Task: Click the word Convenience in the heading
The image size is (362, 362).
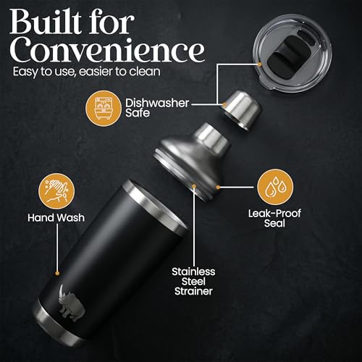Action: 107,50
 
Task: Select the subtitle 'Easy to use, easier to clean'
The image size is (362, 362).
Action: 87,72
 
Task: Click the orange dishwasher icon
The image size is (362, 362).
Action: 104,109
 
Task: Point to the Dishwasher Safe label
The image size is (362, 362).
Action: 157,108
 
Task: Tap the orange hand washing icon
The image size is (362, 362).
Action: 56,191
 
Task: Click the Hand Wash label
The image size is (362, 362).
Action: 56,218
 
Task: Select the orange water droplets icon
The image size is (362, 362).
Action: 275,187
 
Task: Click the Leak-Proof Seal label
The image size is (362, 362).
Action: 274,218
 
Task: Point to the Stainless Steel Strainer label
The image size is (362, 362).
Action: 193,282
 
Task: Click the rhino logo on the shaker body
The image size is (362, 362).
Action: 71,303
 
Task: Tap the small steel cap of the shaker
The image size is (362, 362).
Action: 242,110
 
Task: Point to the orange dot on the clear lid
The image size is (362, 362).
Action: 259,64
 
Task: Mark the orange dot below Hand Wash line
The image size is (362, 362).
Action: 57,273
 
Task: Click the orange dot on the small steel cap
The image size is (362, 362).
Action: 224,105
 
